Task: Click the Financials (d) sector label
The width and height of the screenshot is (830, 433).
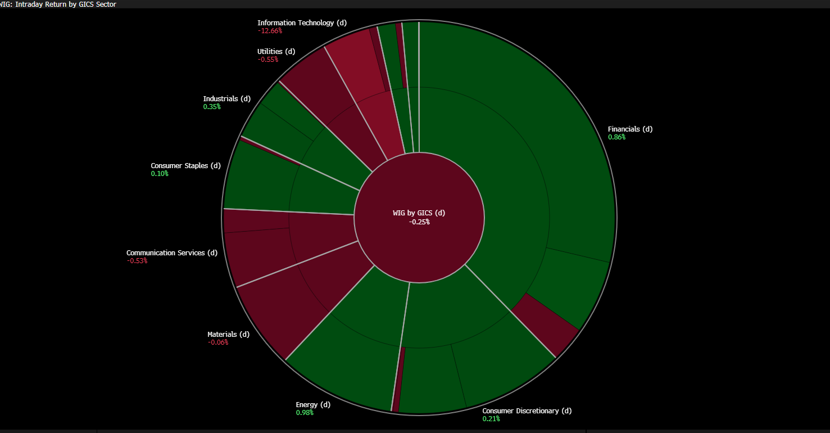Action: coord(630,129)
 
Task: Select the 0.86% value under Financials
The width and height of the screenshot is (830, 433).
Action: coord(616,137)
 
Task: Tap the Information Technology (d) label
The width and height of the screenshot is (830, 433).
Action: coord(302,23)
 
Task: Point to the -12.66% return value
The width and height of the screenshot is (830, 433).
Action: coord(270,31)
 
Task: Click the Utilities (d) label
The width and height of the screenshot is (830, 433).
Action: coord(276,52)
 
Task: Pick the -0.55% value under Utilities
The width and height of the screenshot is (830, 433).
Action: coord(267,60)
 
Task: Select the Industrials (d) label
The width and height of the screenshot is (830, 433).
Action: coord(226,99)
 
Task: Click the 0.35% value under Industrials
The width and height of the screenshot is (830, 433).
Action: coord(212,107)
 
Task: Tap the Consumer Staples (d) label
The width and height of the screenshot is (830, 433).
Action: coord(185,166)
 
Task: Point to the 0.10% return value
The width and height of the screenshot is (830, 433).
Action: coord(159,174)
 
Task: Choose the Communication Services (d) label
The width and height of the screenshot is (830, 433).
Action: coord(171,253)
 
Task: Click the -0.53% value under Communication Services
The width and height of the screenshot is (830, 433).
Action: coord(137,261)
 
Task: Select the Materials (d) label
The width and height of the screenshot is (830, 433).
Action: coord(228,335)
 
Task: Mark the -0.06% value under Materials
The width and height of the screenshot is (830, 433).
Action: coord(217,342)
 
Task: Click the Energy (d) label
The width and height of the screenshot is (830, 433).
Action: coord(313,405)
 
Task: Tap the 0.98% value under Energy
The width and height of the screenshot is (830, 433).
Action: coord(305,413)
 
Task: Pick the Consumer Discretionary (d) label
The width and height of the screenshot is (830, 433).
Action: coord(527,411)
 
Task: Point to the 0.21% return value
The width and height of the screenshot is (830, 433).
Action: coord(491,419)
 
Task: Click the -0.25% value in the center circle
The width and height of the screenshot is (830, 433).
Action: coord(419,222)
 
